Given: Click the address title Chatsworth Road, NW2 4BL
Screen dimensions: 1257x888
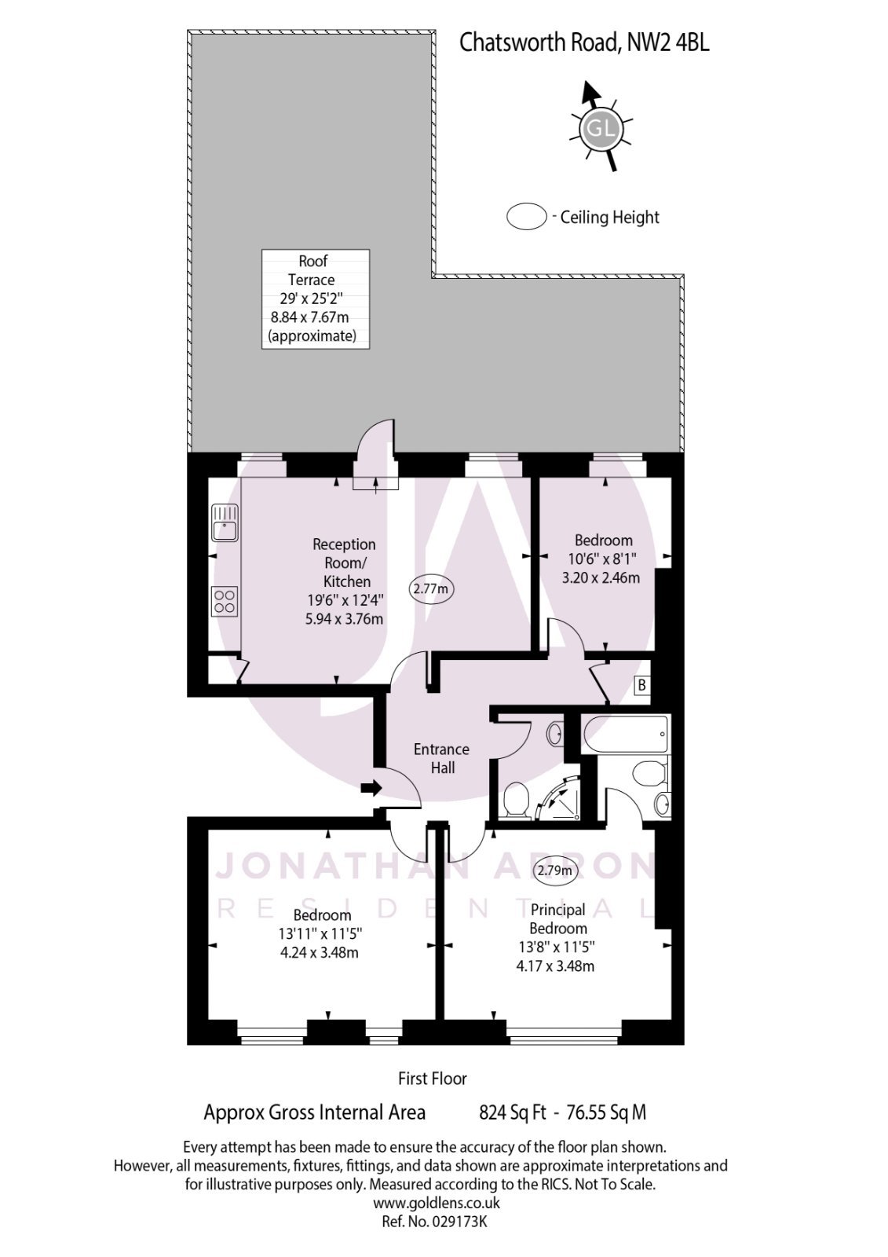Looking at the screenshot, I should coord(583,42).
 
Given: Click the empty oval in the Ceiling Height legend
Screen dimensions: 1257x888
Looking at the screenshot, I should coord(526,217).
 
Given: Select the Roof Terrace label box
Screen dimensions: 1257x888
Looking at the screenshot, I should coord(314,299).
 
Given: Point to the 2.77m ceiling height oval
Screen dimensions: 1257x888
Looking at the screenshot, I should coord(432,588).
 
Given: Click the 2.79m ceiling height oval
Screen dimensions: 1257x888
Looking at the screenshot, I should coord(554,870).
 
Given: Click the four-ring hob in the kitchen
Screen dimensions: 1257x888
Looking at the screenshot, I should coord(225,601).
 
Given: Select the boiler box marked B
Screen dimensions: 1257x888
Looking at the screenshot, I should coord(641,686).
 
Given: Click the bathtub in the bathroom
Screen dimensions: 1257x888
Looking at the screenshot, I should coord(625,735).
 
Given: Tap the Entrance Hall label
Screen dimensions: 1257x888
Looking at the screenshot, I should coord(441,758).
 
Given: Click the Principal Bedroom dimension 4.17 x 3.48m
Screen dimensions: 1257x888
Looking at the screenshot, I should coord(554,966).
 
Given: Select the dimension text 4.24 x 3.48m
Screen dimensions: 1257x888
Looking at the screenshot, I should coord(320,953).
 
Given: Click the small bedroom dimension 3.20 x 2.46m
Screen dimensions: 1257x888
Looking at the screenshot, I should coord(601,577).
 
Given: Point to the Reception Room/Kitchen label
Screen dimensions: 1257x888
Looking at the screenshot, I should coord(344,563).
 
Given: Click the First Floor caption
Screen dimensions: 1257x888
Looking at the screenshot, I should coord(432,1079).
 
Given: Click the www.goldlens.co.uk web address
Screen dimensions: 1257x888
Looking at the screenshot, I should coord(436,1203).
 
